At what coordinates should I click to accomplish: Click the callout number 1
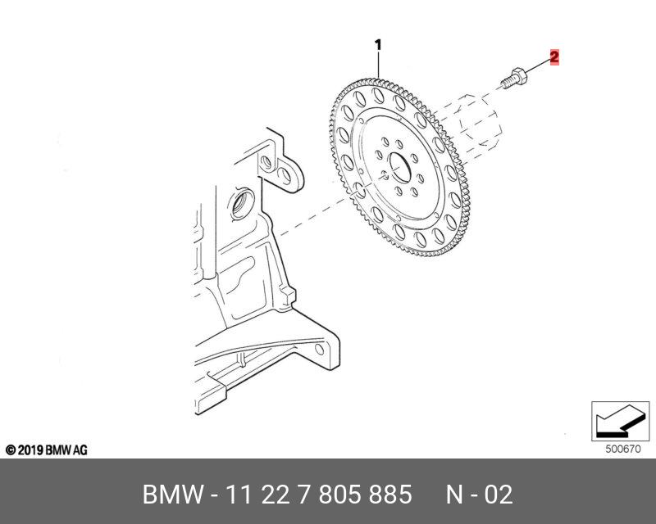(378, 45)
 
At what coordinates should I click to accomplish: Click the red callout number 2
(554, 57)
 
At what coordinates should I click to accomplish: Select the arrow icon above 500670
(615, 422)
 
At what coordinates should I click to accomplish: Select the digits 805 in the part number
(339, 495)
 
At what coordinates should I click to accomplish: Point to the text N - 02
(479, 495)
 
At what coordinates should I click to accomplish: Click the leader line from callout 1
(378, 65)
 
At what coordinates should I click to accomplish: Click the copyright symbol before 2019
(11, 450)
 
